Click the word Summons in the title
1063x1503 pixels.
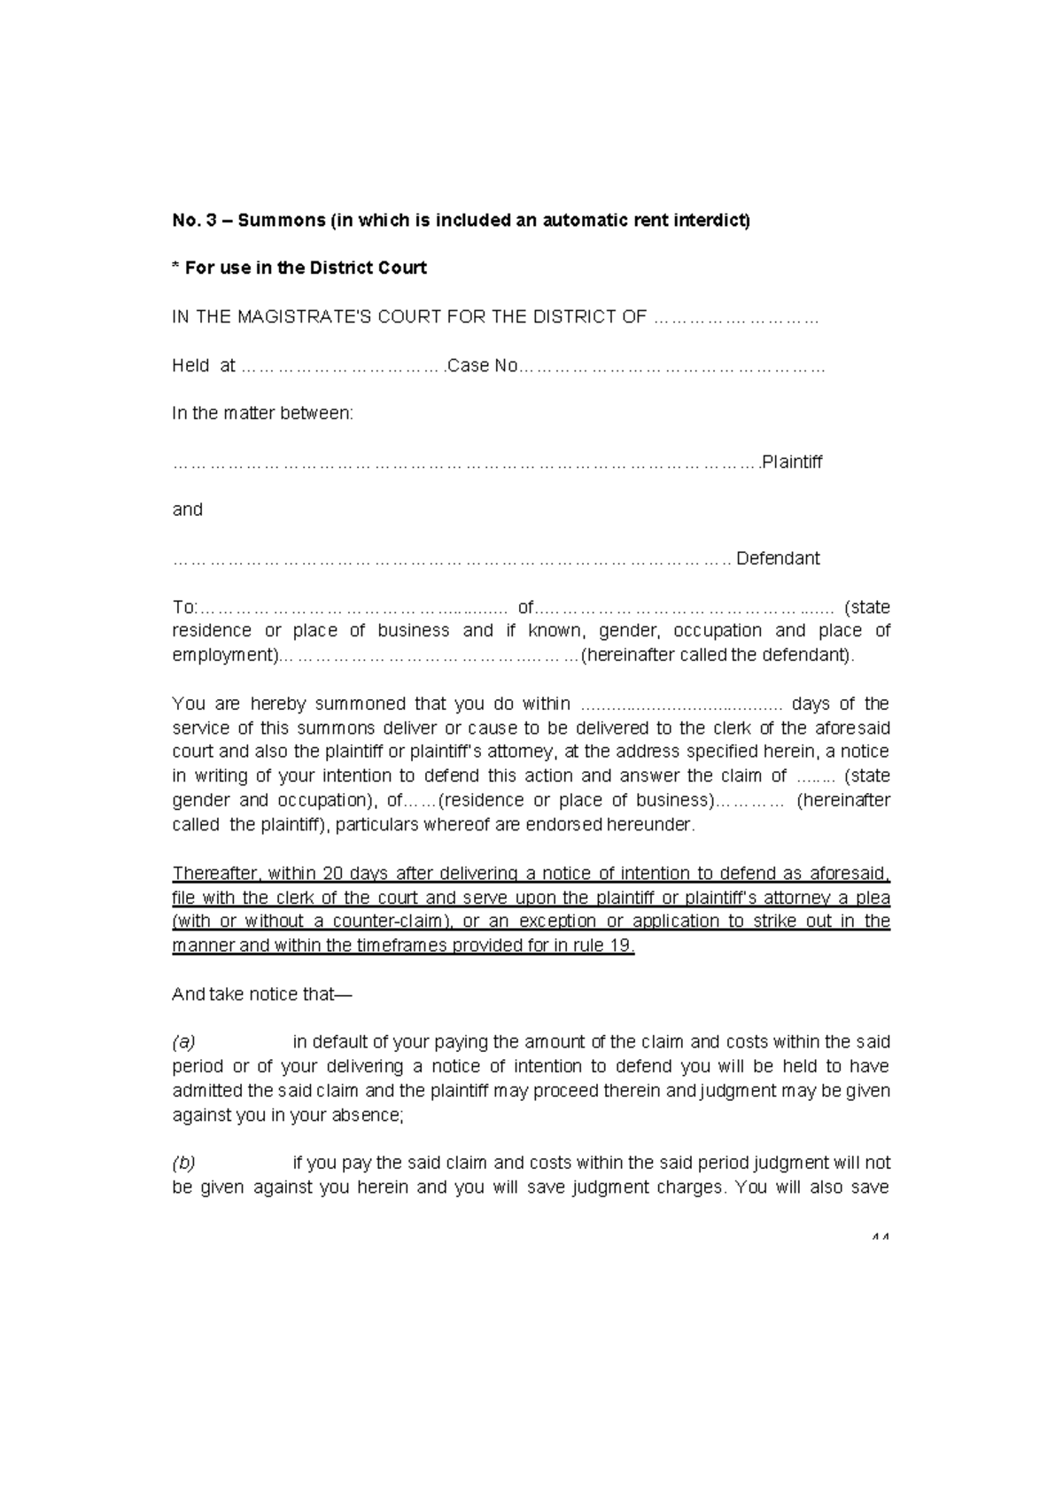coord(281,221)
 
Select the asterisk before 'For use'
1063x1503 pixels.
coord(175,267)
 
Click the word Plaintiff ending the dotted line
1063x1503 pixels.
coord(792,462)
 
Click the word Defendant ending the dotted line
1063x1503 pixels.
coord(778,558)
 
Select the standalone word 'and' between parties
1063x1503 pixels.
coord(187,510)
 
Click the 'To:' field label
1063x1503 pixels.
coord(185,608)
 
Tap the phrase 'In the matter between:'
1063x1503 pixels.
coord(262,414)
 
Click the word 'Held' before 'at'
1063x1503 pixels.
coord(190,366)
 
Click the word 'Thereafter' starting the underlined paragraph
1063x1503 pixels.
coord(214,874)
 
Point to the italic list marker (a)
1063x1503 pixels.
coord(183,1042)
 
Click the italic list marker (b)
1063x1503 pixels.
coord(183,1163)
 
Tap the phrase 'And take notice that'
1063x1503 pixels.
coord(261,994)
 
